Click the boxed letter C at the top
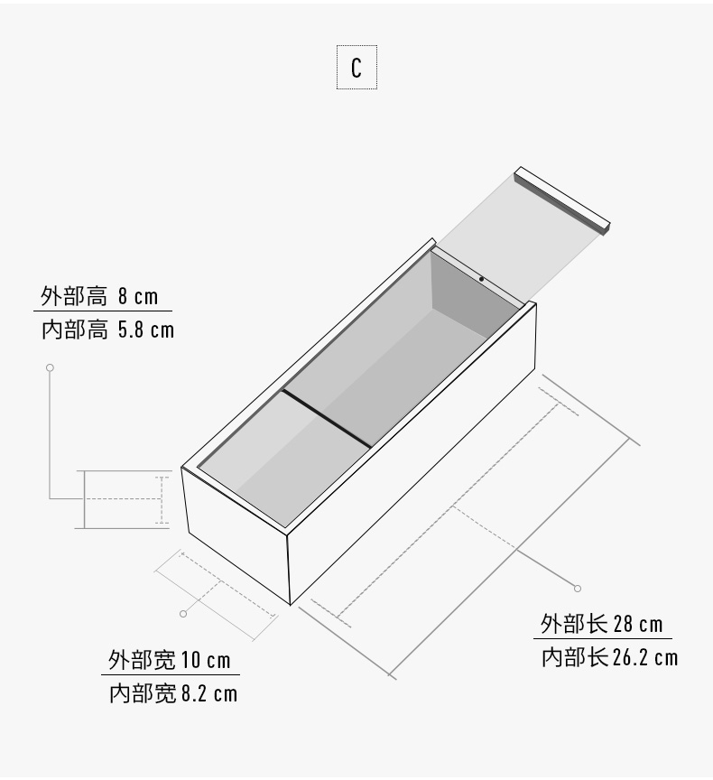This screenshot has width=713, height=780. [x=356, y=68]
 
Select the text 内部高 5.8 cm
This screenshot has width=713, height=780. [x=107, y=330]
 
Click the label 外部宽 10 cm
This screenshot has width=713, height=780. [x=170, y=660]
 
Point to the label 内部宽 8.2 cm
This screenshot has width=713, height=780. [x=173, y=693]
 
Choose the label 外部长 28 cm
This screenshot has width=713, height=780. [x=602, y=624]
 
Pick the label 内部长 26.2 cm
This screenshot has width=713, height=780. [x=609, y=657]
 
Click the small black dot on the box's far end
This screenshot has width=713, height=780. [x=481, y=279]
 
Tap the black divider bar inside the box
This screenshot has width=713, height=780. [x=327, y=418]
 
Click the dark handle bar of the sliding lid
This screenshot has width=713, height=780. [x=562, y=200]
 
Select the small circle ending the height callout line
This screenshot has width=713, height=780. [x=50, y=367]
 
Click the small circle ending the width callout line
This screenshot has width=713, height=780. [x=183, y=614]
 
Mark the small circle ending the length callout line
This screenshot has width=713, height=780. [x=578, y=589]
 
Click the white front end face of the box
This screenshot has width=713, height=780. [x=235, y=533]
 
